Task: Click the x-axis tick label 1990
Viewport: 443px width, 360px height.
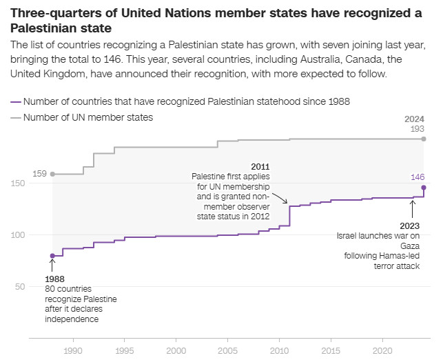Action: [x=72, y=350]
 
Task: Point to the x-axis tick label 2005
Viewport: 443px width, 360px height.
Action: [x=228, y=350]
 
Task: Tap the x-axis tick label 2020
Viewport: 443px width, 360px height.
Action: [x=383, y=350]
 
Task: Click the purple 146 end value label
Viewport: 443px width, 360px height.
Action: [x=418, y=177]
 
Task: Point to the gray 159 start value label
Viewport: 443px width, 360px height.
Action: [x=39, y=174]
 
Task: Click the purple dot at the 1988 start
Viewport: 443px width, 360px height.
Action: [x=52, y=256]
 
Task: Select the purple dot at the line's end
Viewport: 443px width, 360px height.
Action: [x=424, y=188]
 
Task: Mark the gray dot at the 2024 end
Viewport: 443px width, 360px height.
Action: [x=424, y=139]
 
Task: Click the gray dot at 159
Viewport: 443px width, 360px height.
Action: [x=52, y=174]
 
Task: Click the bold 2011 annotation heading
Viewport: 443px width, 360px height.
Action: [x=260, y=167]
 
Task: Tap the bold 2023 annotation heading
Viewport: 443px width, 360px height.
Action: [x=410, y=226]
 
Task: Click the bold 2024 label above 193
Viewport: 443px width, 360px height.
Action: [x=415, y=119]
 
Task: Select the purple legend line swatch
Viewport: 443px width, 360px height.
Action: [x=16, y=101]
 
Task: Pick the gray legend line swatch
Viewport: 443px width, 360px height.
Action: [x=16, y=118]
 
